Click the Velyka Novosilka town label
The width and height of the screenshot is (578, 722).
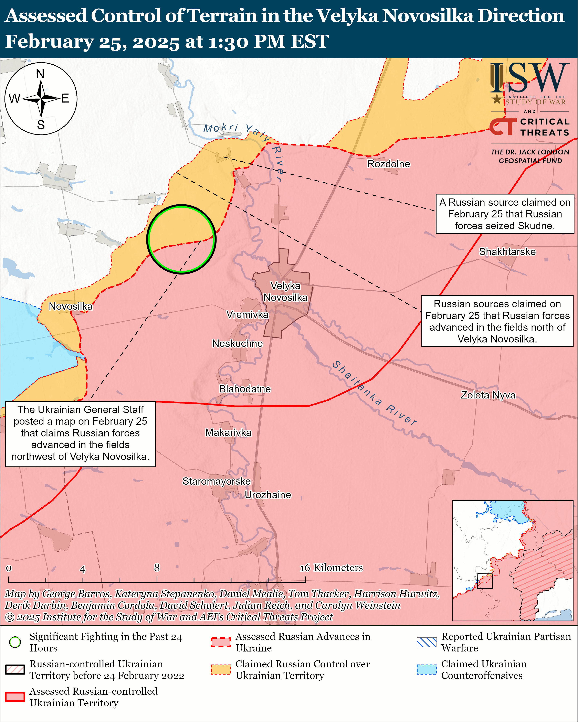click(x=285, y=291)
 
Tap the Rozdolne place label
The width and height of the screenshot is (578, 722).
click(x=388, y=164)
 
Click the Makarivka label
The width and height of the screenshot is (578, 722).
click(x=228, y=432)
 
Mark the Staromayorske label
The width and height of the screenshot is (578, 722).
click(x=217, y=481)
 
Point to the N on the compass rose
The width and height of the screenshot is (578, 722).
click(x=40, y=73)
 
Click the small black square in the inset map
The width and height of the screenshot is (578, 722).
click(x=485, y=581)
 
